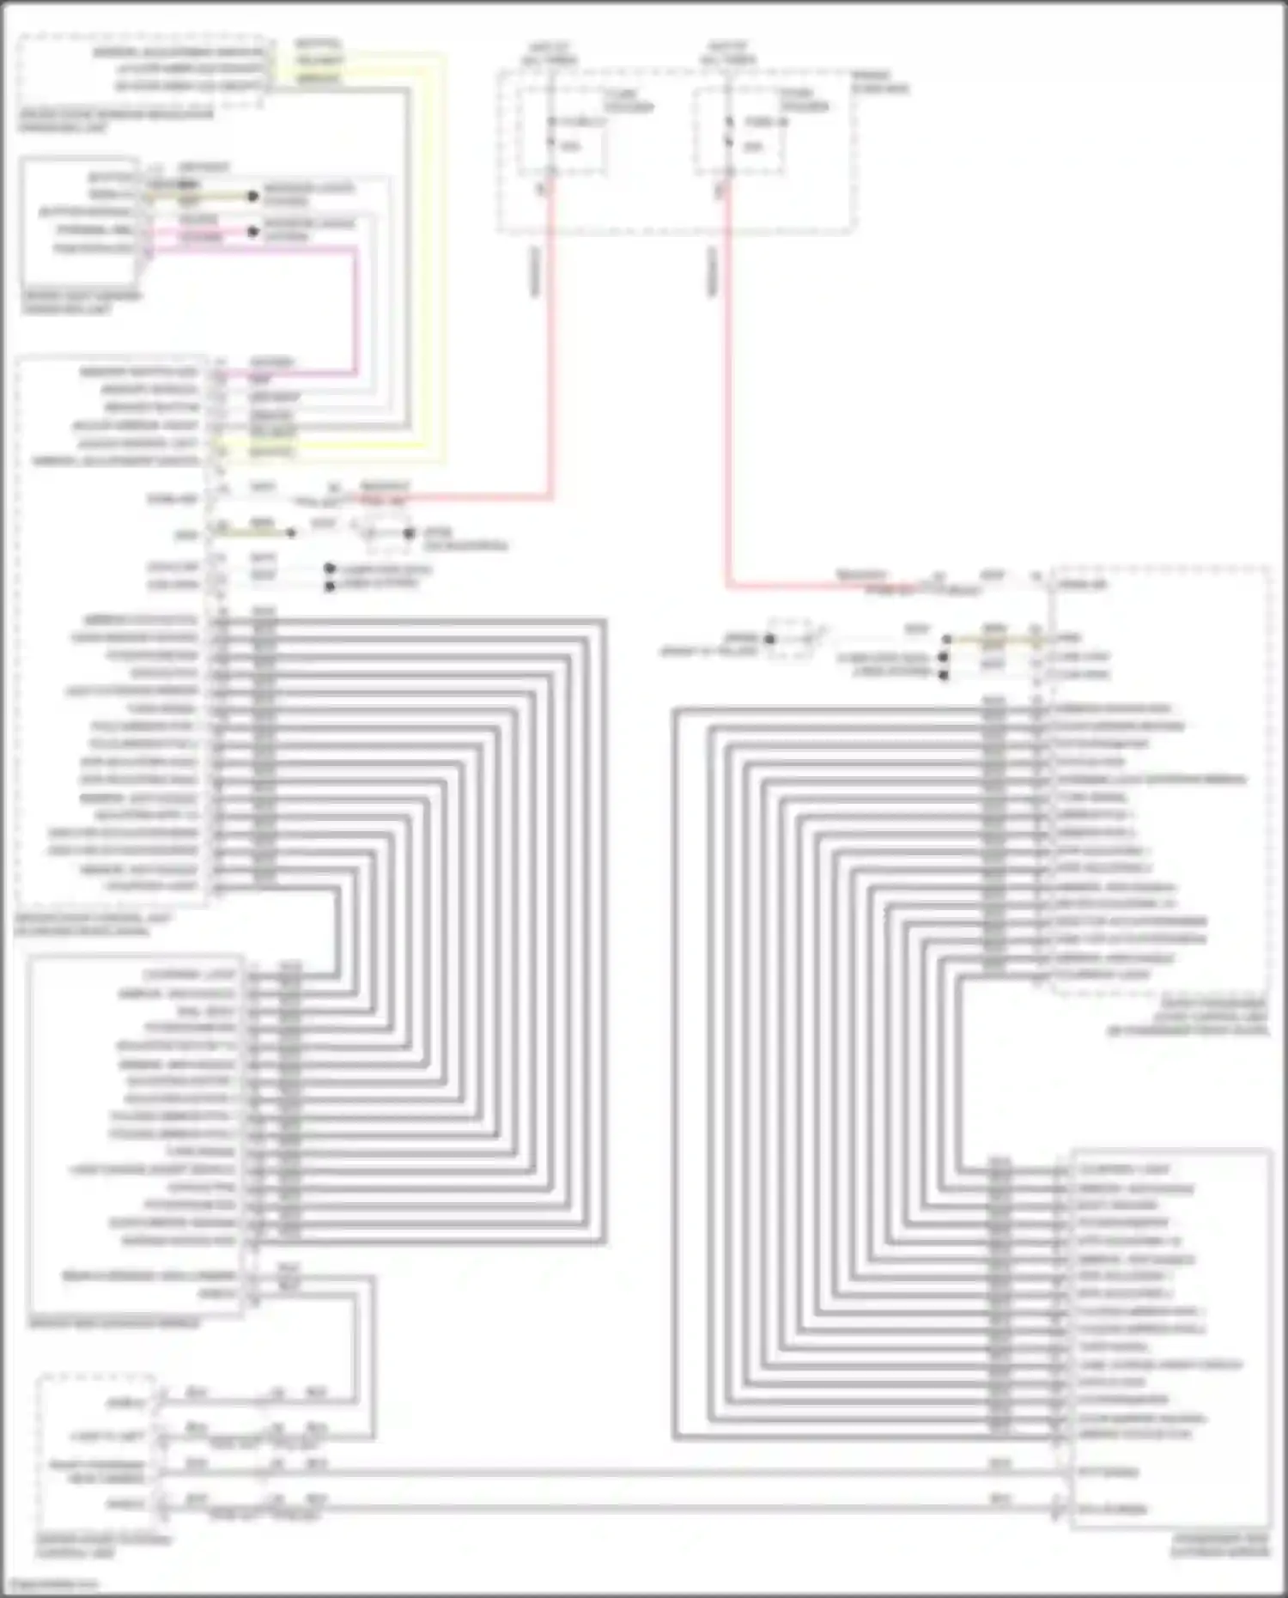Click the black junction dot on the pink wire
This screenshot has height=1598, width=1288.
[252, 231]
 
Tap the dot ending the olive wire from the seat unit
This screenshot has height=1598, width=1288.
[252, 197]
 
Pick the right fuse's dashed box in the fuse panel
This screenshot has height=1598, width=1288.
[739, 130]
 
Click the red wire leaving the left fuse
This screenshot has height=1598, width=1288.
[550, 343]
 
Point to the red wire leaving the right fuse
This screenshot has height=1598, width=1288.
[728, 386]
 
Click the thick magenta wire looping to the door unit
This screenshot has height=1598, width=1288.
[355, 309]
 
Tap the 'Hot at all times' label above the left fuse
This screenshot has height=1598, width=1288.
[550, 53]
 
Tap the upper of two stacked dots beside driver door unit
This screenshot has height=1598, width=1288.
[330, 568]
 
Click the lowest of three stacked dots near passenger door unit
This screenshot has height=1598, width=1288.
[944, 675]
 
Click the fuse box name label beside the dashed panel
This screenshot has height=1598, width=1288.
[880, 82]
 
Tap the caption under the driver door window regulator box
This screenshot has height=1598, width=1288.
[116, 121]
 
